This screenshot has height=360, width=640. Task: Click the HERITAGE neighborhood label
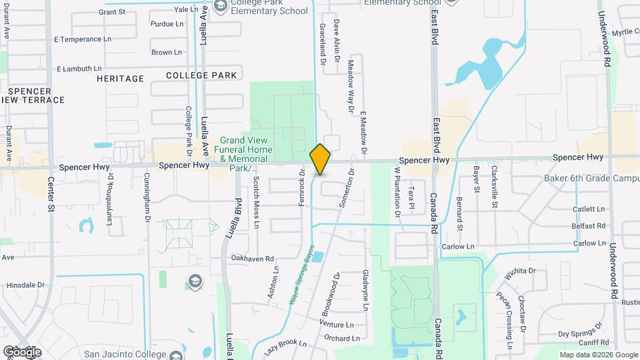click(120, 78)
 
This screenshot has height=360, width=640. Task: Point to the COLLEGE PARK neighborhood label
click(201, 75)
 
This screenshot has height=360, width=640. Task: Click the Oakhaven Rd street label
click(252, 259)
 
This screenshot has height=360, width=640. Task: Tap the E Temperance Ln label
click(83, 39)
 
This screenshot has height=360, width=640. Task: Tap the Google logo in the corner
click(22, 351)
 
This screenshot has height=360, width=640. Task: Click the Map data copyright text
click(598, 355)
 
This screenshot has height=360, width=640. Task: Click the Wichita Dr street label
click(520, 271)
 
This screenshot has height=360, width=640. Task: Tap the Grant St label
click(111, 12)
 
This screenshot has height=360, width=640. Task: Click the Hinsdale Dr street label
click(25, 285)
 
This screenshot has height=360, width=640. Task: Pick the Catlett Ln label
click(589, 209)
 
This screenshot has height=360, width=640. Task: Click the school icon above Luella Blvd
click(195, 280)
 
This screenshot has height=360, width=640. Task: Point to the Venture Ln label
click(337, 324)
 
